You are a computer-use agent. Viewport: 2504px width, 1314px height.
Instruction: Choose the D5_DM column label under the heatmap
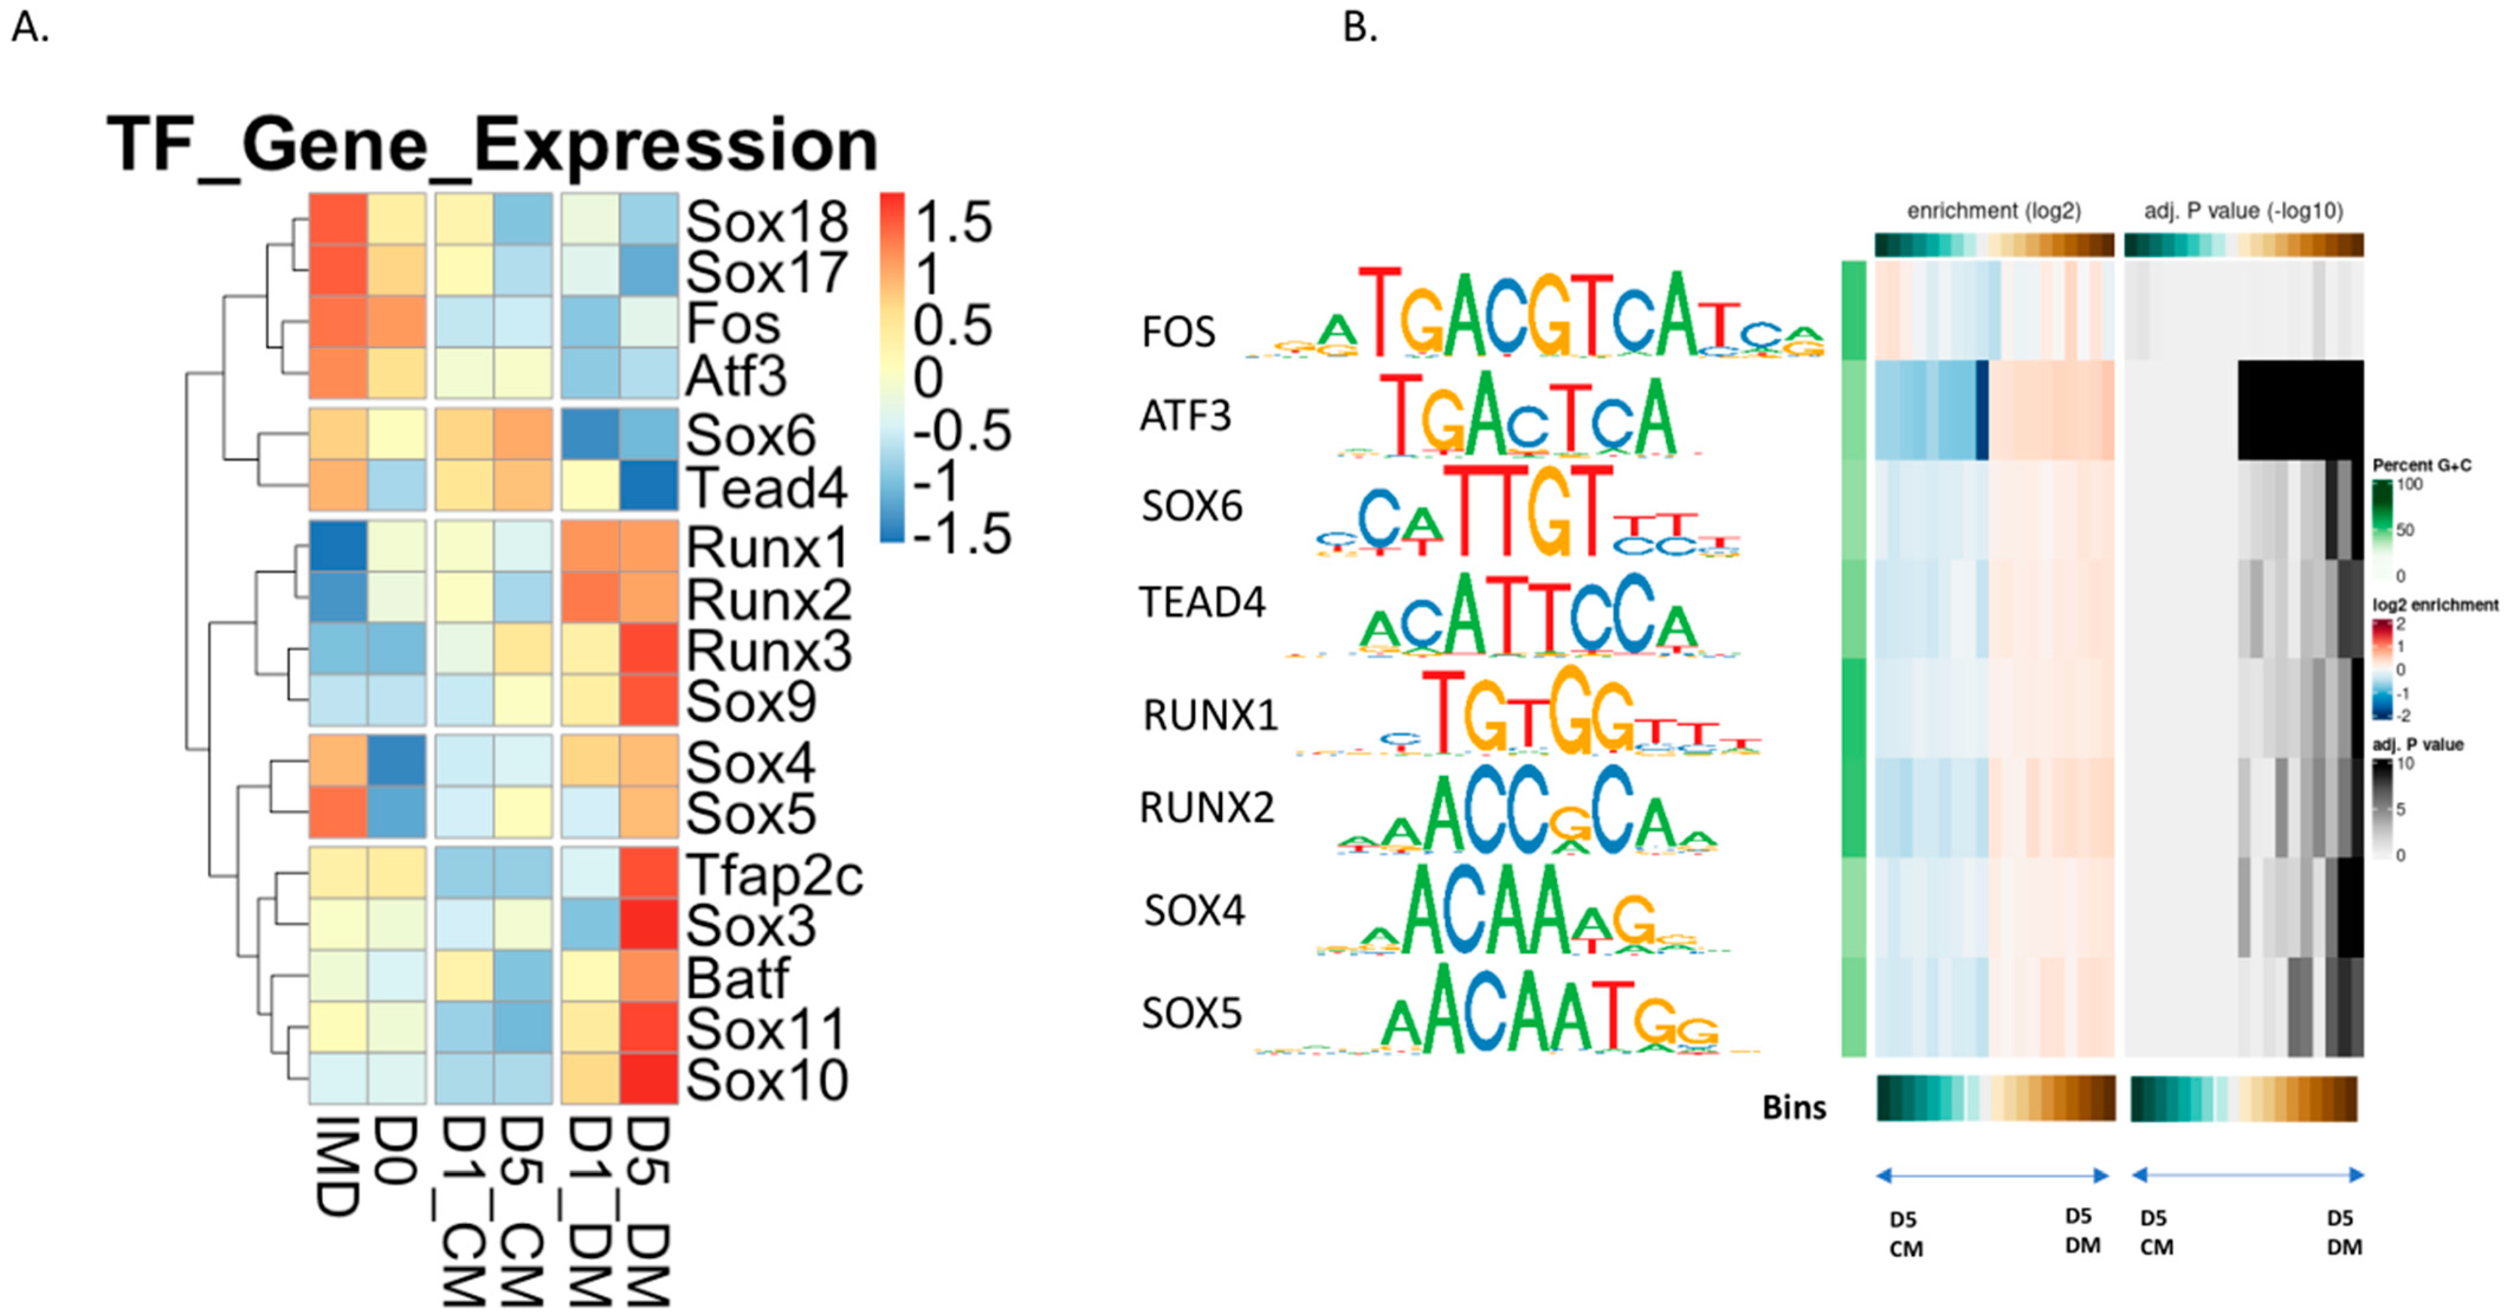[x=647, y=1210]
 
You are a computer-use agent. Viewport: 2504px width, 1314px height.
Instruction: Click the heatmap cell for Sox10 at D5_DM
[x=648, y=1078]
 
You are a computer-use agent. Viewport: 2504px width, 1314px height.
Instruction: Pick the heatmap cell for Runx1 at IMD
[x=338, y=546]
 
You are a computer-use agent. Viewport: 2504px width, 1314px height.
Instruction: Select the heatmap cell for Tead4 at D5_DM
[x=648, y=485]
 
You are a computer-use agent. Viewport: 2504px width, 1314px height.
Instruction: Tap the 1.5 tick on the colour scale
[x=952, y=222]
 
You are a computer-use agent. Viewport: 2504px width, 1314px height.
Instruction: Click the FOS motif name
[x=1178, y=332]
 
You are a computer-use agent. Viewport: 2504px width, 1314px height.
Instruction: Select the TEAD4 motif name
[x=1201, y=603]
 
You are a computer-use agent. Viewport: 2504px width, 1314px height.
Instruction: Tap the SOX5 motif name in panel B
[x=1192, y=1014]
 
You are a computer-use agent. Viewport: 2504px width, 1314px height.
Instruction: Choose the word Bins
[x=1794, y=1107]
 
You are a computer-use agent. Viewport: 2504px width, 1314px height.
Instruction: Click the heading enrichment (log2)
[x=1993, y=211]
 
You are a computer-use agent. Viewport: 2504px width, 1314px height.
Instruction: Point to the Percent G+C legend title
[x=2421, y=465]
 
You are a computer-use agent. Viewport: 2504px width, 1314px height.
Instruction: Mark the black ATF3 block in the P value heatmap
[x=2300, y=410]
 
